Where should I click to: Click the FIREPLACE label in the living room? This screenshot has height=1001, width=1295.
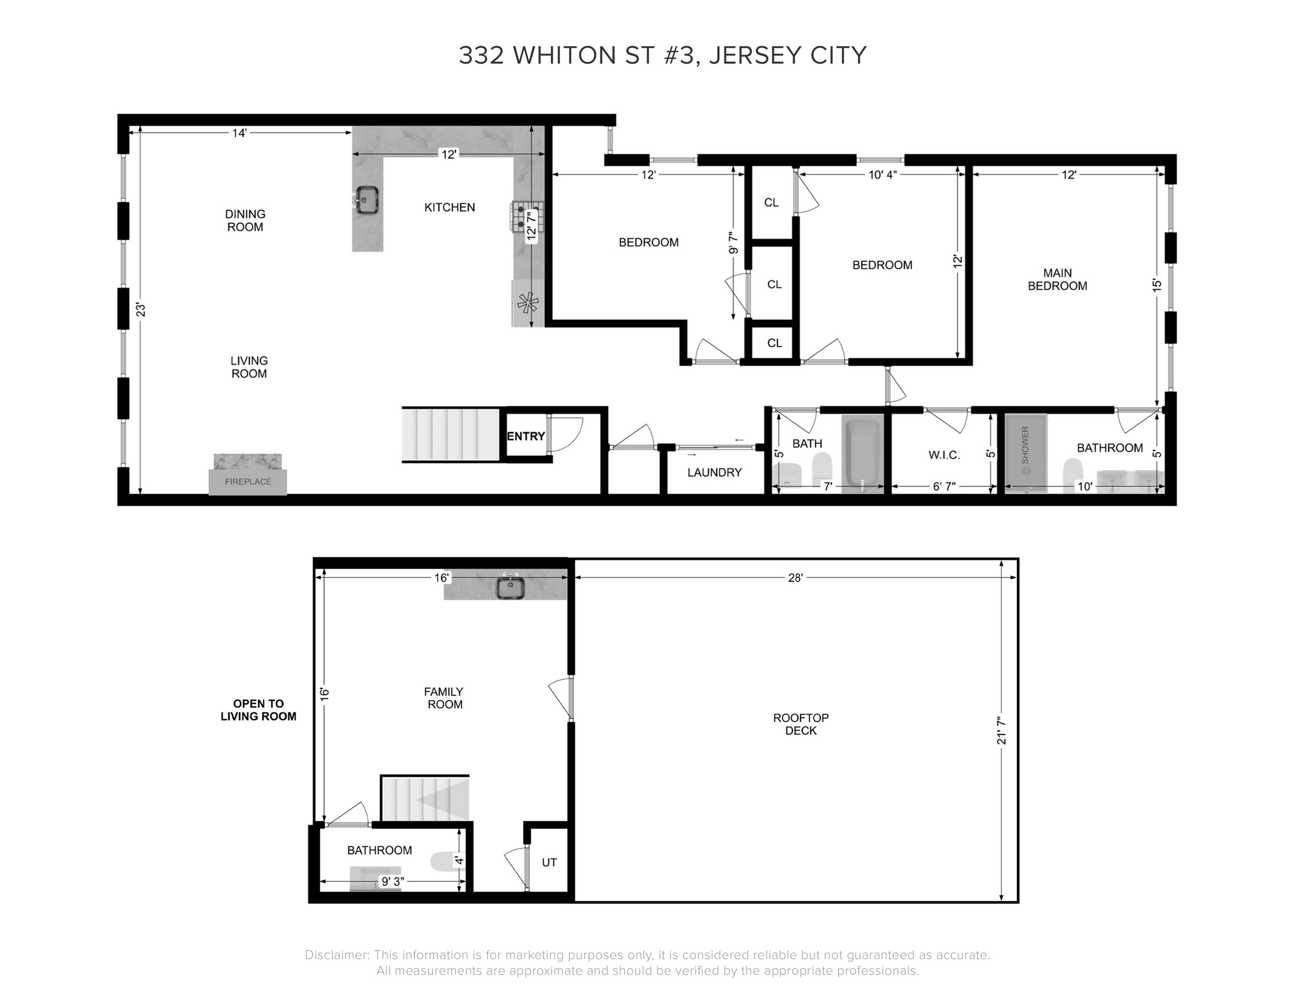click(x=248, y=481)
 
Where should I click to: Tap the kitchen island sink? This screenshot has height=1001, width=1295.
click(x=368, y=199)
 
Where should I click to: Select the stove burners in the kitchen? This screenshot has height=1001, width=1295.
click(x=520, y=216)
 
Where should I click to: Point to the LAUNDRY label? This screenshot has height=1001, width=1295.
click(x=715, y=473)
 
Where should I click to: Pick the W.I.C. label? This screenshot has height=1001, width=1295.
click(x=944, y=455)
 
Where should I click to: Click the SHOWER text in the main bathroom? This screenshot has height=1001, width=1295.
click(x=1025, y=445)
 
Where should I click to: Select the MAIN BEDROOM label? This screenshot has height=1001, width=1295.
click(x=1057, y=279)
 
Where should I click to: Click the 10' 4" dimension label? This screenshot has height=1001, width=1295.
click(x=882, y=175)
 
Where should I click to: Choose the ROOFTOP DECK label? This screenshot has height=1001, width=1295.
click(x=801, y=724)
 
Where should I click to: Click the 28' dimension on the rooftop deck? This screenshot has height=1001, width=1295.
click(x=795, y=577)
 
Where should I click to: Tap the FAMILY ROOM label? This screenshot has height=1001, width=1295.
click(x=444, y=698)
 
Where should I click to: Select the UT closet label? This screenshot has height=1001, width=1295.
click(x=549, y=862)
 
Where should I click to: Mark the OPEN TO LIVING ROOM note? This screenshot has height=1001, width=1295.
click(x=258, y=710)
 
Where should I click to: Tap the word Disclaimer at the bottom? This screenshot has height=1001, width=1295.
click(x=337, y=955)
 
